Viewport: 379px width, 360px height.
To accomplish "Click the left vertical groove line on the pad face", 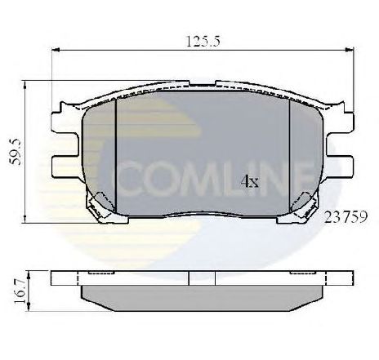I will pyautogui.click(x=117, y=155).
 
